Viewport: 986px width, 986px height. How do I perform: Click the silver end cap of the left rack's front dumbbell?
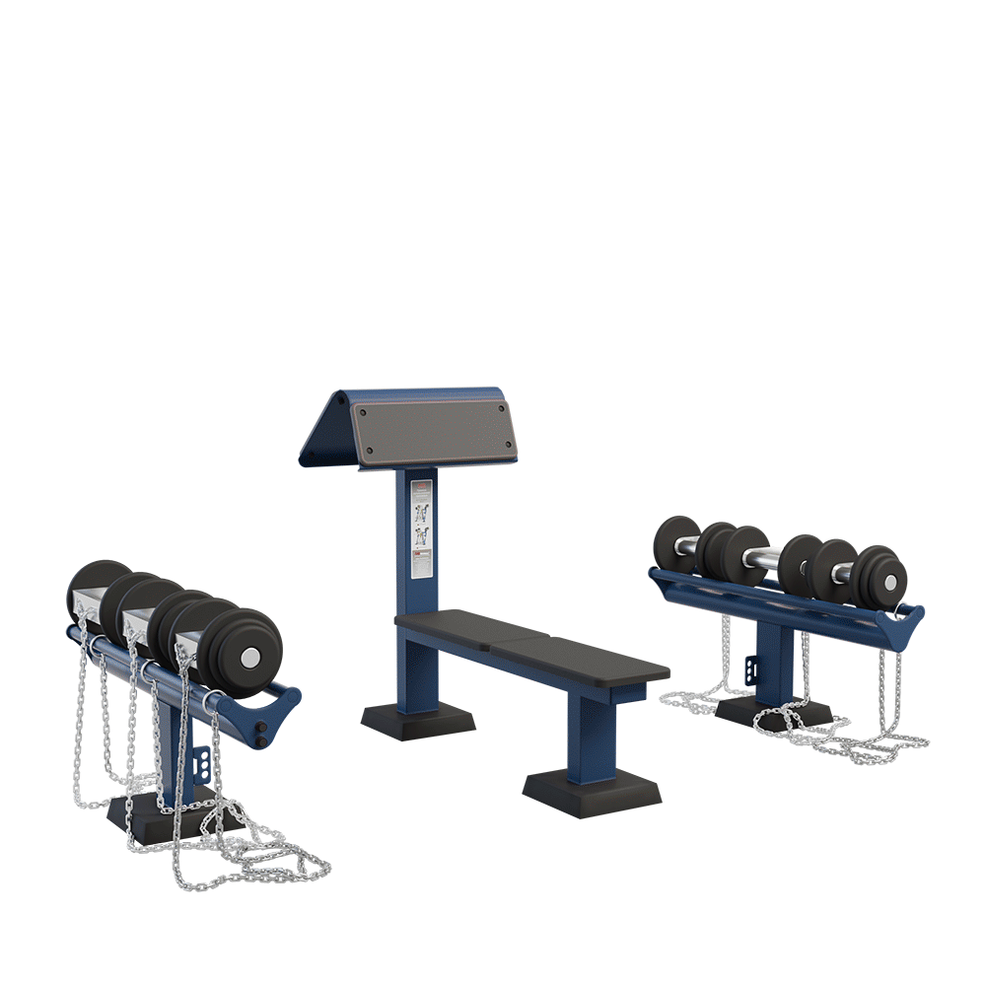pos(251,657)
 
